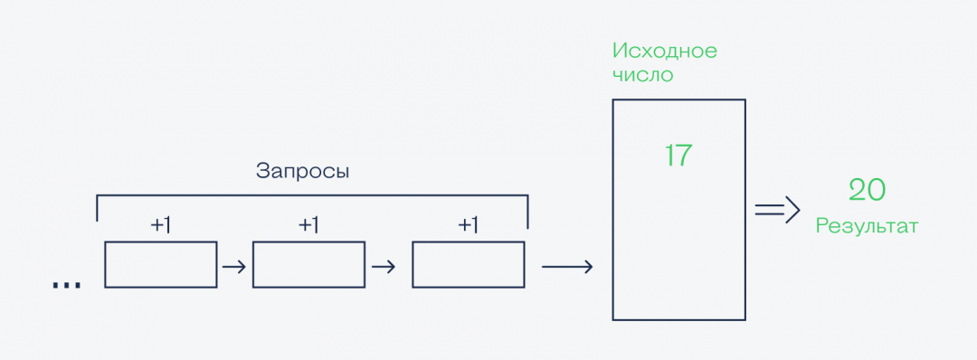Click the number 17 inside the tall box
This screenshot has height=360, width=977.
(678, 156)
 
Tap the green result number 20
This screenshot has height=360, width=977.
(867, 190)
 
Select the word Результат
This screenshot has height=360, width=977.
(867, 226)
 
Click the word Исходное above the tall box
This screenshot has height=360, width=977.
(665, 51)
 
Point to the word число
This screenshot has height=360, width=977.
(643, 75)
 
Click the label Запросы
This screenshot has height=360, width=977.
(302, 170)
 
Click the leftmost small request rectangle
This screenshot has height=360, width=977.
(161, 264)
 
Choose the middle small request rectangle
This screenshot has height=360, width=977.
(308, 264)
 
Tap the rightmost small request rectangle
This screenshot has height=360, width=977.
(468, 264)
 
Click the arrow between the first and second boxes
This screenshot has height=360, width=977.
(234, 267)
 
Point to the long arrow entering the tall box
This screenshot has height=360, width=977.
(567, 267)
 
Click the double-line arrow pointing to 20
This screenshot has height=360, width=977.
(778, 210)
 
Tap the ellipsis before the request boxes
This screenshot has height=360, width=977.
(66, 285)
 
